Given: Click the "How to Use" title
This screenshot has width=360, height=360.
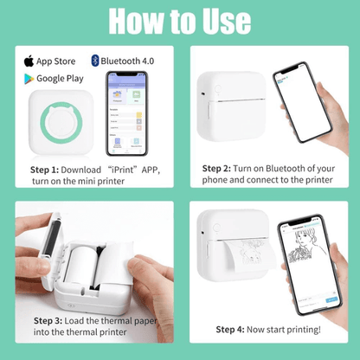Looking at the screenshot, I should (x=179, y=22).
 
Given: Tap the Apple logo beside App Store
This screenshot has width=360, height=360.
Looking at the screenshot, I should (x=29, y=61).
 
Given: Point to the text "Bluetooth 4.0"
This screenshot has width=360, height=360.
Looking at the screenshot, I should (x=127, y=61).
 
